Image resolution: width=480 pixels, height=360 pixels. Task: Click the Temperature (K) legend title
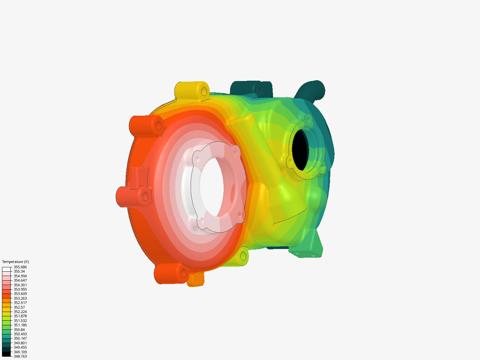(15, 262)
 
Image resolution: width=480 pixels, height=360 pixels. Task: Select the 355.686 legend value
(20, 267)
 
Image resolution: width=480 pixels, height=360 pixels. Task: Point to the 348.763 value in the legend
(20, 356)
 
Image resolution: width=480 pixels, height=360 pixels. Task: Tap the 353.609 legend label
(20, 294)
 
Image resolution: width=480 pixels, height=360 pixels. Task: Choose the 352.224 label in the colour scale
(20, 312)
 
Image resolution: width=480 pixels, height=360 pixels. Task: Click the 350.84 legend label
(19, 330)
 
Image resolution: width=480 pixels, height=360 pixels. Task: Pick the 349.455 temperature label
(20, 347)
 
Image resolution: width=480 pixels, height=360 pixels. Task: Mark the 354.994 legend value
(20, 276)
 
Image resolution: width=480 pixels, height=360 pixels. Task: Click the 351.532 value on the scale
(20, 321)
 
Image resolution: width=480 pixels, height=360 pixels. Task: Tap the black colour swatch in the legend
(6, 354)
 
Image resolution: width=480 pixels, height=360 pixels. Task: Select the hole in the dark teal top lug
(259, 90)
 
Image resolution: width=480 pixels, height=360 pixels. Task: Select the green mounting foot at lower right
(308, 245)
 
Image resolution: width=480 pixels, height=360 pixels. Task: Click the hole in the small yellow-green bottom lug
(243, 256)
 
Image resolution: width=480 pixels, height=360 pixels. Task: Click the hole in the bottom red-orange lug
(184, 273)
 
